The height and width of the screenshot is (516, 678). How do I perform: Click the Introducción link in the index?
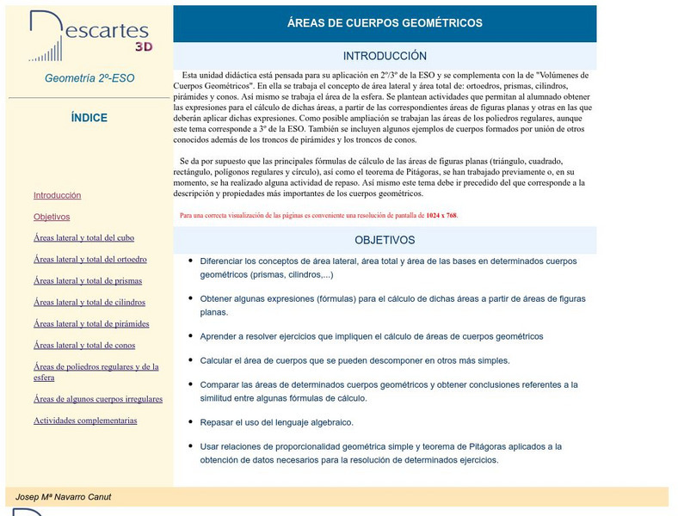[x=57, y=195]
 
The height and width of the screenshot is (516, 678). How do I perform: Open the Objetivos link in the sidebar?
[x=52, y=217]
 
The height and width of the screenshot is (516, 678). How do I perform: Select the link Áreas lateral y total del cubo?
[x=83, y=237]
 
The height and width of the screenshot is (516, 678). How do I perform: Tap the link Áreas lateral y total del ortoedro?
[x=89, y=259]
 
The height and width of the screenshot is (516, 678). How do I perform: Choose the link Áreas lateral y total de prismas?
[x=88, y=280]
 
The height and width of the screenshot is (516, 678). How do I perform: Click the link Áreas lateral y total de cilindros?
[x=89, y=302]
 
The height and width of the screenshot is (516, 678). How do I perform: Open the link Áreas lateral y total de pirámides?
[x=91, y=323]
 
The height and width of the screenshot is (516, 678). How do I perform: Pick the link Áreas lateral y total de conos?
[x=84, y=345]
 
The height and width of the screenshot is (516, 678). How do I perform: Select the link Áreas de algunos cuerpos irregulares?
[x=98, y=399]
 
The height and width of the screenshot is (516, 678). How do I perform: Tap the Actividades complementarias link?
[x=85, y=421]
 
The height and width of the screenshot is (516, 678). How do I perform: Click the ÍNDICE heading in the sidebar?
[x=89, y=118]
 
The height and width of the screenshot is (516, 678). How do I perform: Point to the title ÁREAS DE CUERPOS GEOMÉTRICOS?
[x=385, y=23]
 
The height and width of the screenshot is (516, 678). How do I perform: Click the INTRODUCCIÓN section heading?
[x=385, y=56]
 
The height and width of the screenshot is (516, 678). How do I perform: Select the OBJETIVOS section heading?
[x=385, y=240]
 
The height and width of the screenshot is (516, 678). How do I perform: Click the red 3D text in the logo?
[x=144, y=47]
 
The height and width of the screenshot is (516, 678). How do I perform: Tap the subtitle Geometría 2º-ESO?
[x=89, y=78]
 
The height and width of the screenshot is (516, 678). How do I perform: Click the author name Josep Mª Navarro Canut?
[x=63, y=497]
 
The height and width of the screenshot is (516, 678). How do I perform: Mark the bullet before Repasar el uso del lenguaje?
[x=190, y=421]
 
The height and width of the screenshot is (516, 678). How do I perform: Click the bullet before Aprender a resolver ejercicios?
[x=190, y=335]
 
